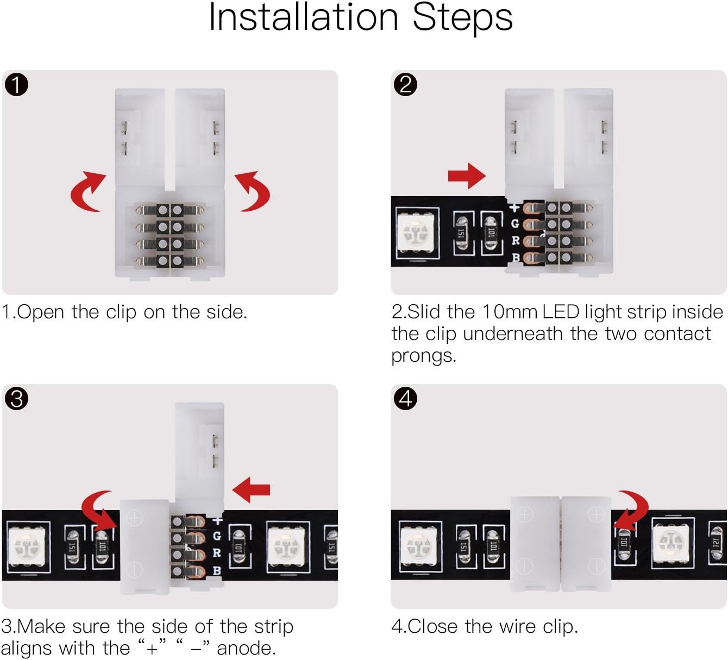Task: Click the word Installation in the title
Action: pos(304,17)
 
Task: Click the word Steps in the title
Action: pos(462,18)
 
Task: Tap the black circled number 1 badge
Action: pos(16,85)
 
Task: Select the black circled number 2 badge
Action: pos(405,85)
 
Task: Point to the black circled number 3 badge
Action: pos(16,399)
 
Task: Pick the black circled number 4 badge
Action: pos(405,399)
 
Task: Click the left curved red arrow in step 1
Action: pos(87,192)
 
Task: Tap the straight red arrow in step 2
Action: pos(466,175)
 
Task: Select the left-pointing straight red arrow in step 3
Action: pos(252,489)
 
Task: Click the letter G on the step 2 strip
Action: pos(514,223)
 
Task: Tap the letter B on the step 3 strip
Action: pos(217,570)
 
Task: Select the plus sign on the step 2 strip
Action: pos(514,207)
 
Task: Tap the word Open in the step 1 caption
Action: pos(41,312)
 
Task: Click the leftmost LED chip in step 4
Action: pos(420,545)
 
